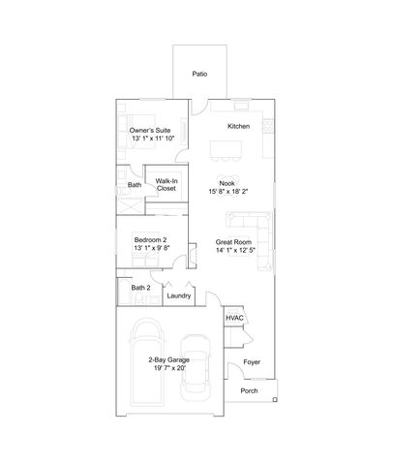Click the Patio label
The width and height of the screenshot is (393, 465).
[199, 73]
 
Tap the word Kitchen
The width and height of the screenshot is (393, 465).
[239, 127]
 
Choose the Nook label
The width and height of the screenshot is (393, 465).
[227, 182]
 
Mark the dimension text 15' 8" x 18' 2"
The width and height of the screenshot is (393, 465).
[227, 192]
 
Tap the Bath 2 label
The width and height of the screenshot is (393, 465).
[141, 288]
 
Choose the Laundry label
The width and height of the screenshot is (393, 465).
[178, 295]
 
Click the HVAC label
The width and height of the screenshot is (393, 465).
[234, 318]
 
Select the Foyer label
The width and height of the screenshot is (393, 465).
[252, 362]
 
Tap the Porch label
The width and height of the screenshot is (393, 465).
[249, 391]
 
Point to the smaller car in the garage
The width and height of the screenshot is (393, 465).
[196, 368]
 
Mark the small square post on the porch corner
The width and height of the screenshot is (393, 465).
[276, 398]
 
